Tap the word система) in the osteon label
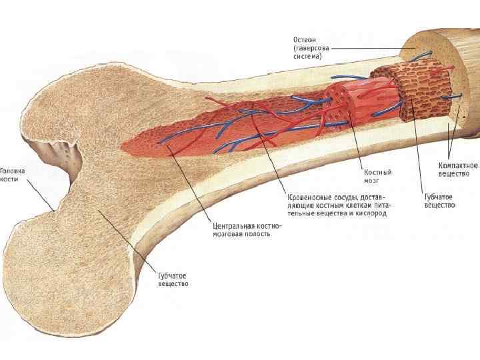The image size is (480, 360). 307,57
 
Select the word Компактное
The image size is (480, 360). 458,165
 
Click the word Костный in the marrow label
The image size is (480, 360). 377,172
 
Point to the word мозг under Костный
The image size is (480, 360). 371,181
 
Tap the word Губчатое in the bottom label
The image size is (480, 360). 172,275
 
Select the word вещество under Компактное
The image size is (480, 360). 455,173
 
